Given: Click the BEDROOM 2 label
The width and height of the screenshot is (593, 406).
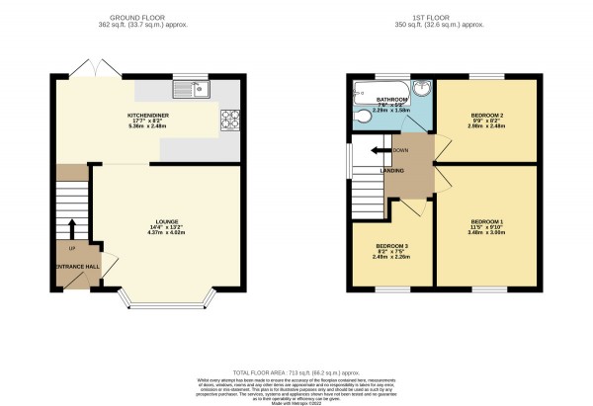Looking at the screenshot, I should click(487, 115).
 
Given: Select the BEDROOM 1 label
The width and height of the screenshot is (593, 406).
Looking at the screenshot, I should click(487, 220).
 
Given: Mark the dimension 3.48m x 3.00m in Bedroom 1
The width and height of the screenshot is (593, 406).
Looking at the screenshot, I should click(487, 234).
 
